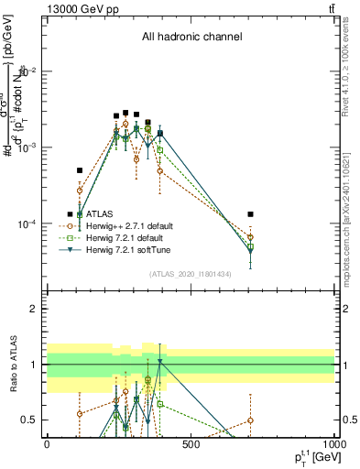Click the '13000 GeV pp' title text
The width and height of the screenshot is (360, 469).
(x=78, y=8)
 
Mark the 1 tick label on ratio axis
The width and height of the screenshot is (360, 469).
(x=33, y=365)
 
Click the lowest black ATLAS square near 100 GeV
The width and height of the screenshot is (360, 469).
(x=80, y=170)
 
